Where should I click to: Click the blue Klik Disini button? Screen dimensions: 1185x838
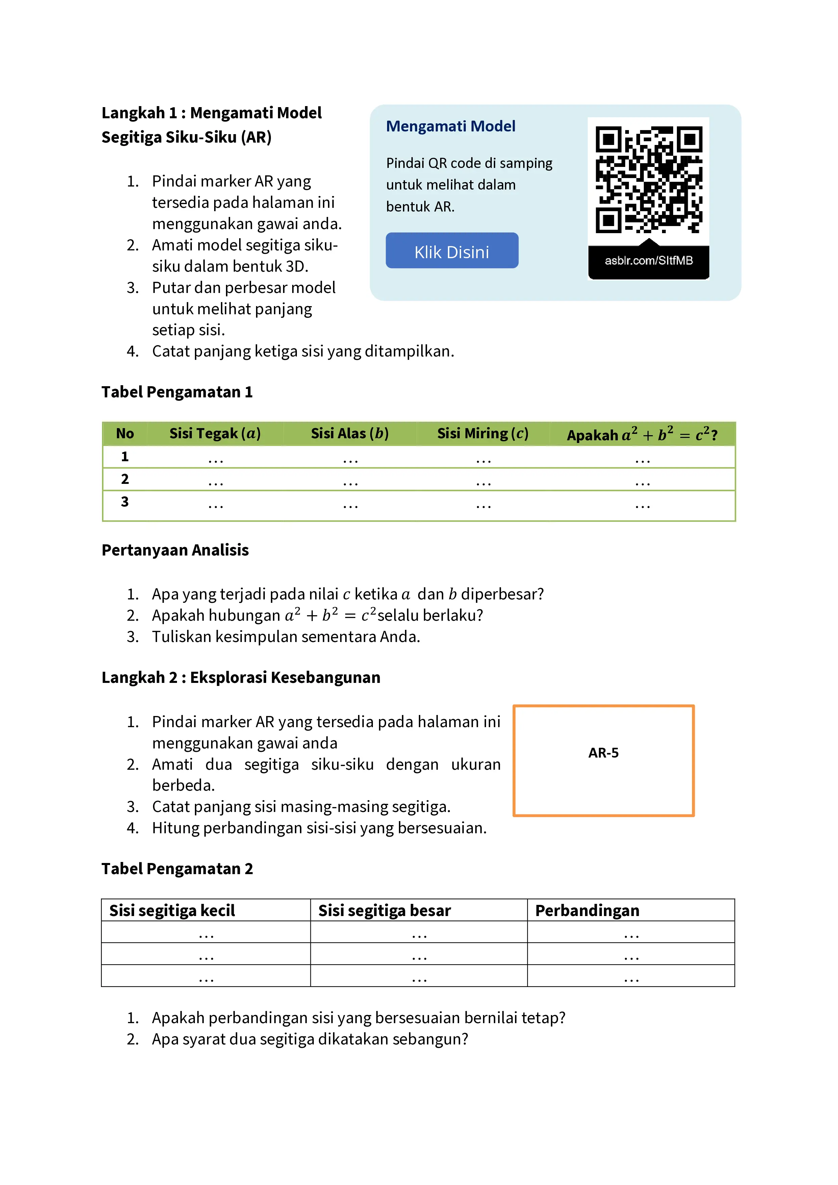[x=452, y=251]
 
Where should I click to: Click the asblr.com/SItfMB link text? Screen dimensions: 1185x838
[x=649, y=261]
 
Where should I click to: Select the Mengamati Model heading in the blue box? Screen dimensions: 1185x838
[x=451, y=126]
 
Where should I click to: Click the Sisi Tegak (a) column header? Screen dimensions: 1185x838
[x=215, y=434]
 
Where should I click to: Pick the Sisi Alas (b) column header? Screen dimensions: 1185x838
[x=349, y=434]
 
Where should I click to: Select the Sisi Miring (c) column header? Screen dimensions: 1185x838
[x=482, y=434]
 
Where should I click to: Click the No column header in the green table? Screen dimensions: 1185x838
[x=125, y=434]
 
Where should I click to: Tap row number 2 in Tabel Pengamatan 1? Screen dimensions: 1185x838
[x=125, y=479]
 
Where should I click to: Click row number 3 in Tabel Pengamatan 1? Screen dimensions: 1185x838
[x=125, y=502]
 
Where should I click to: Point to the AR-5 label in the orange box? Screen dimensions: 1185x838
[x=603, y=753]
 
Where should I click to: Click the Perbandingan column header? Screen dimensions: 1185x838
[x=587, y=910]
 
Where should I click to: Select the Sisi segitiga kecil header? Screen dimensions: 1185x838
[x=172, y=910]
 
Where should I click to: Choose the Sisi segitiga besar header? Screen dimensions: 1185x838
[x=384, y=910]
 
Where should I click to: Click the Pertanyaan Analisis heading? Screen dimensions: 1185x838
[x=175, y=550]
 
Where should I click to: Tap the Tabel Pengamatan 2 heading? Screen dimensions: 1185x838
[x=177, y=869]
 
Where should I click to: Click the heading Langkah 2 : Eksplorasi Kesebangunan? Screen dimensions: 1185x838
[x=240, y=678]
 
